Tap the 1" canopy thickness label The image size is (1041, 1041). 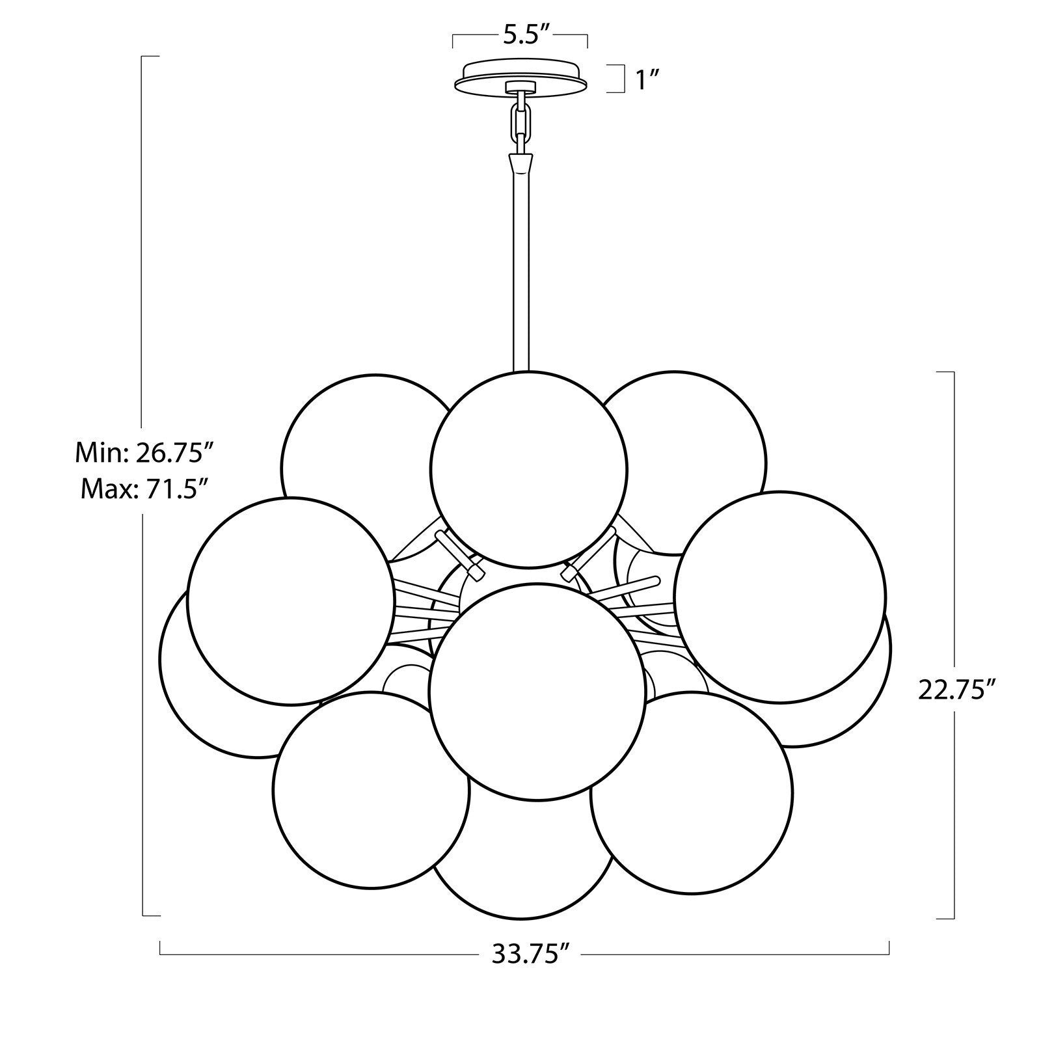[647, 81]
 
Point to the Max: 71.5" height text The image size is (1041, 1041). [144, 488]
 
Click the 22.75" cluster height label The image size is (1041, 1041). [956, 690]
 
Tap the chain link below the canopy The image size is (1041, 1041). [520, 120]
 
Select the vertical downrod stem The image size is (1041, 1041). [520, 273]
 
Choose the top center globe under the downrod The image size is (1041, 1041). [529, 468]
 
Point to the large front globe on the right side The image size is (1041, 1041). [781, 595]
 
